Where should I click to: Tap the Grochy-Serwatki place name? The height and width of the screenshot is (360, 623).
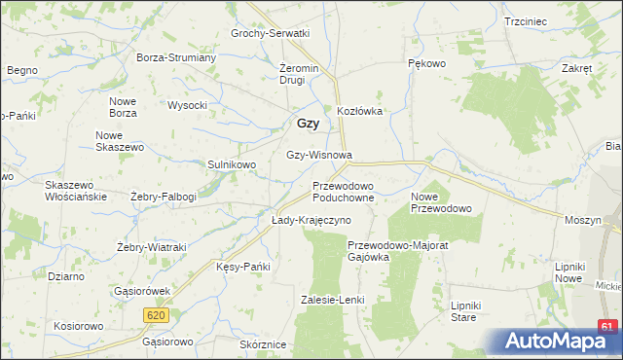270,33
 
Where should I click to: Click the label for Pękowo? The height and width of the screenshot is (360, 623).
425,63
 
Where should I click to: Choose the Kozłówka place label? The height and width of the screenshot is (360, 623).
359,111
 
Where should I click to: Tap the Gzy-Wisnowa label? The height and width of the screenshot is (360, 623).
318,155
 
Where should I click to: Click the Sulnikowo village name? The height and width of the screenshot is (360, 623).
232,165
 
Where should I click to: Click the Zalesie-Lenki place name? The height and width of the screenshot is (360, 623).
332,300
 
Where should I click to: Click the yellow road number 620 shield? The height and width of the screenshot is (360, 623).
154,315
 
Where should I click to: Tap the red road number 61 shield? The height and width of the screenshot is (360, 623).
608,326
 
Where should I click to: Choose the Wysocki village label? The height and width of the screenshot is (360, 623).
188,105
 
